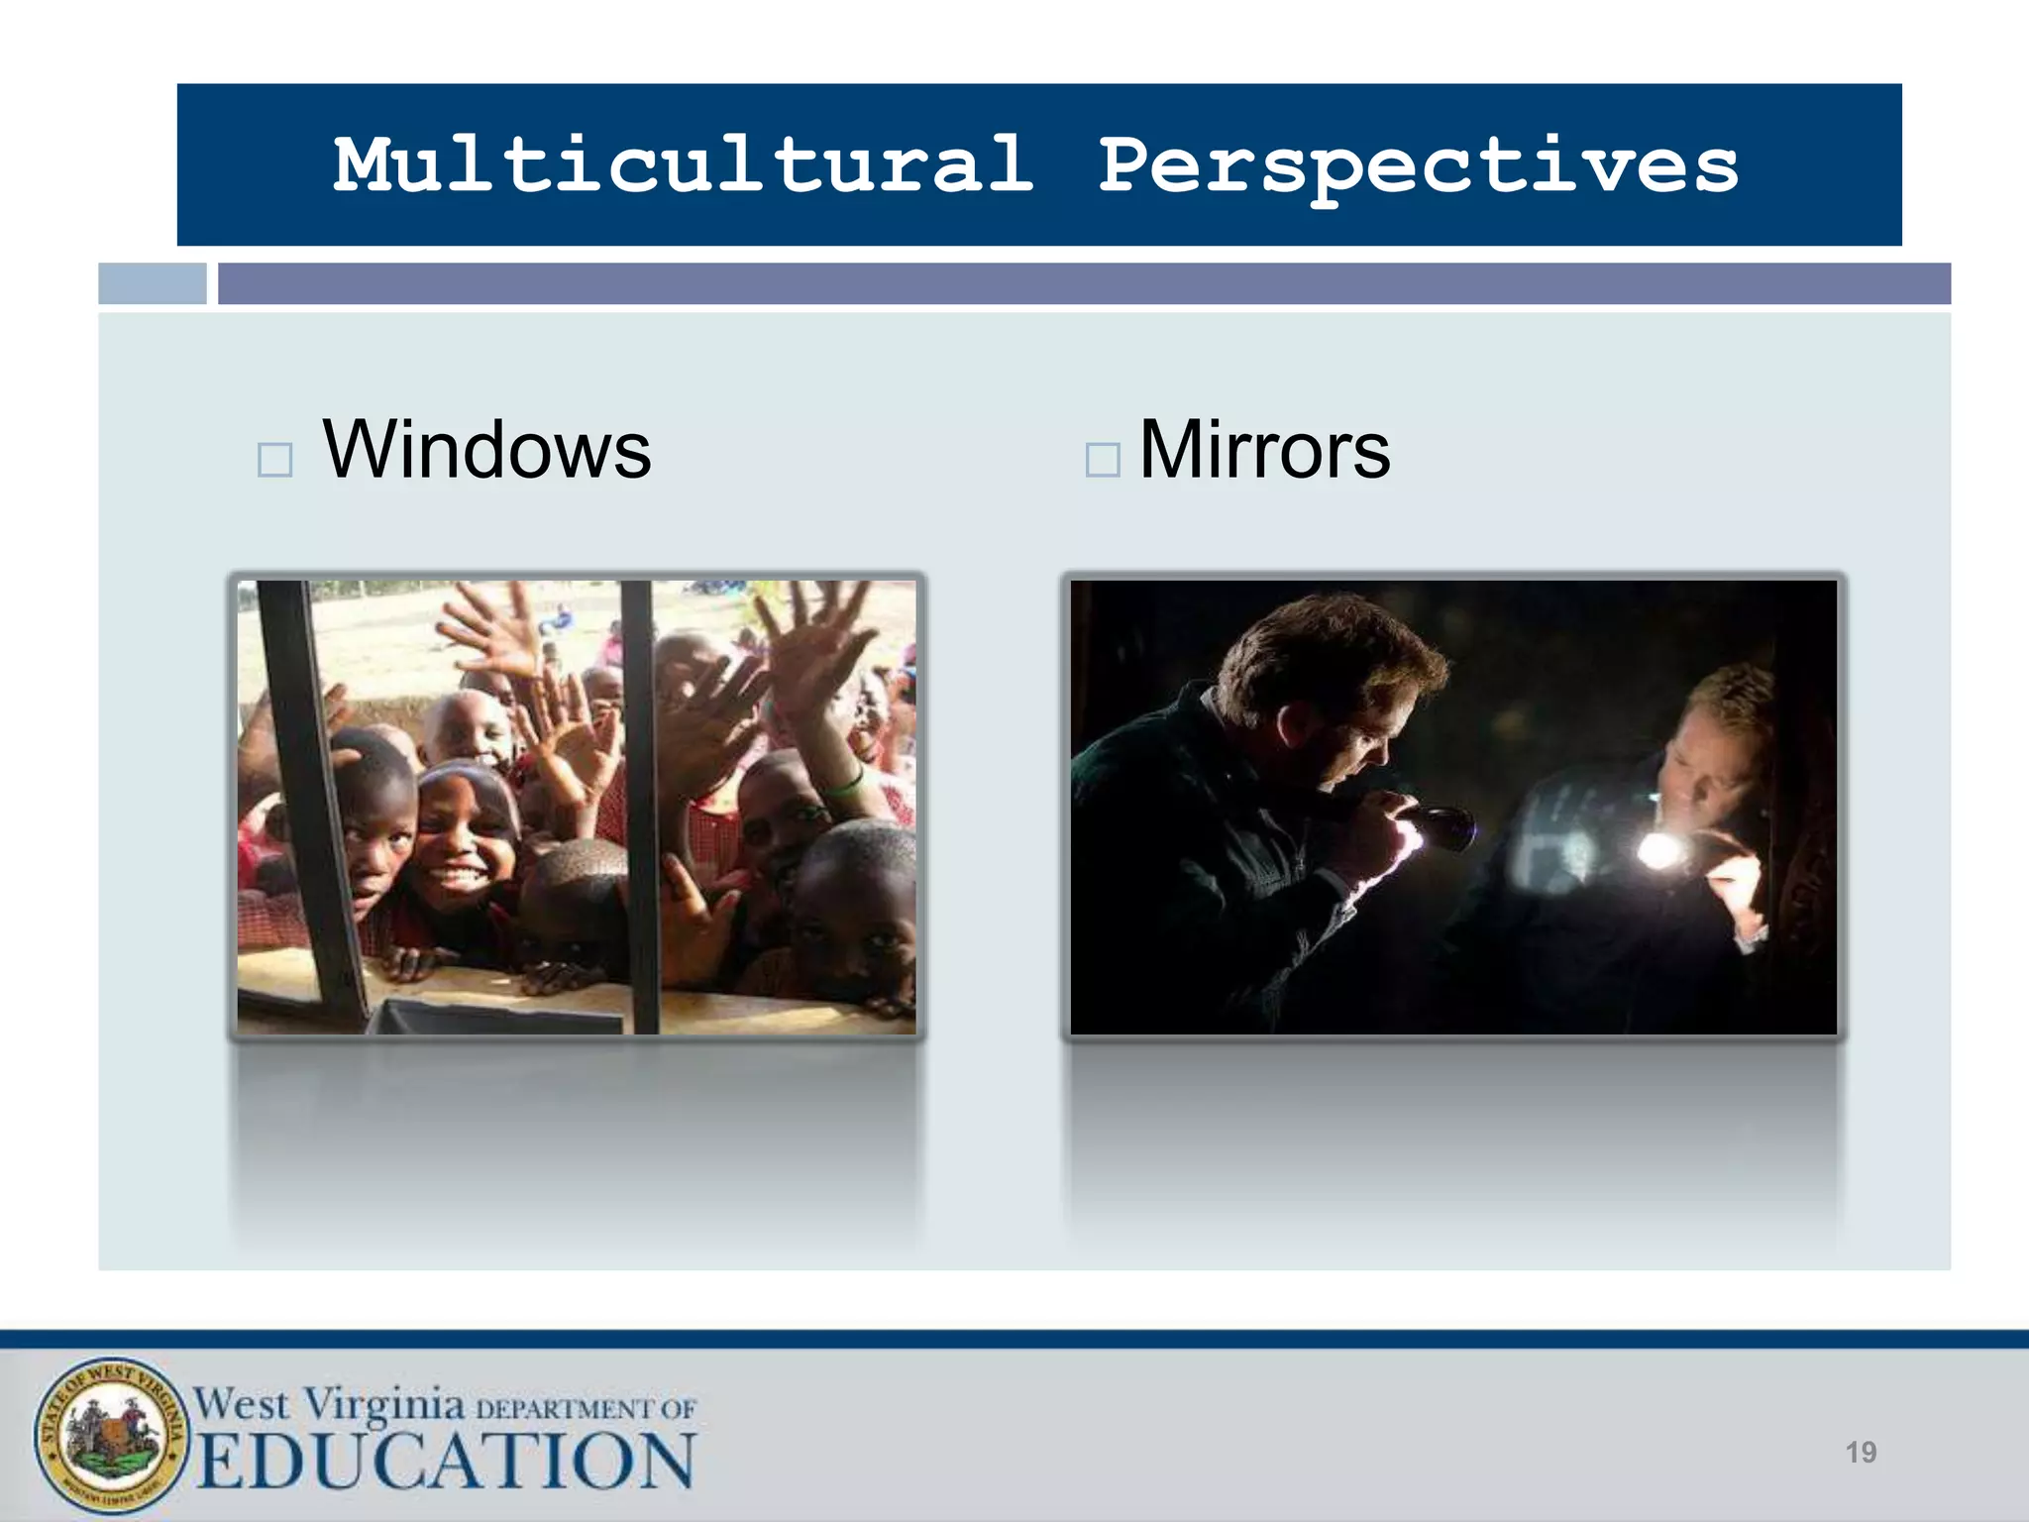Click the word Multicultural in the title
point(684,164)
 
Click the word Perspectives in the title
point(1419,164)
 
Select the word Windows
point(487,450)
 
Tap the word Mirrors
point(1264,450)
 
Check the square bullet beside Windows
point(274,460)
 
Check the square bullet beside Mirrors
point(1102,460)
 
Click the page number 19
point(1861,1453)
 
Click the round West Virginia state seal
point(111,1436)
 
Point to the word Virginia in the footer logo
point(383,1403)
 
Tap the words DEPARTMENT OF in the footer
point(587,1408)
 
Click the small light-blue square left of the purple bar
point(153,283)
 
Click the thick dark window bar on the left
point(302,793)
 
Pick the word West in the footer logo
point(242,1403)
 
